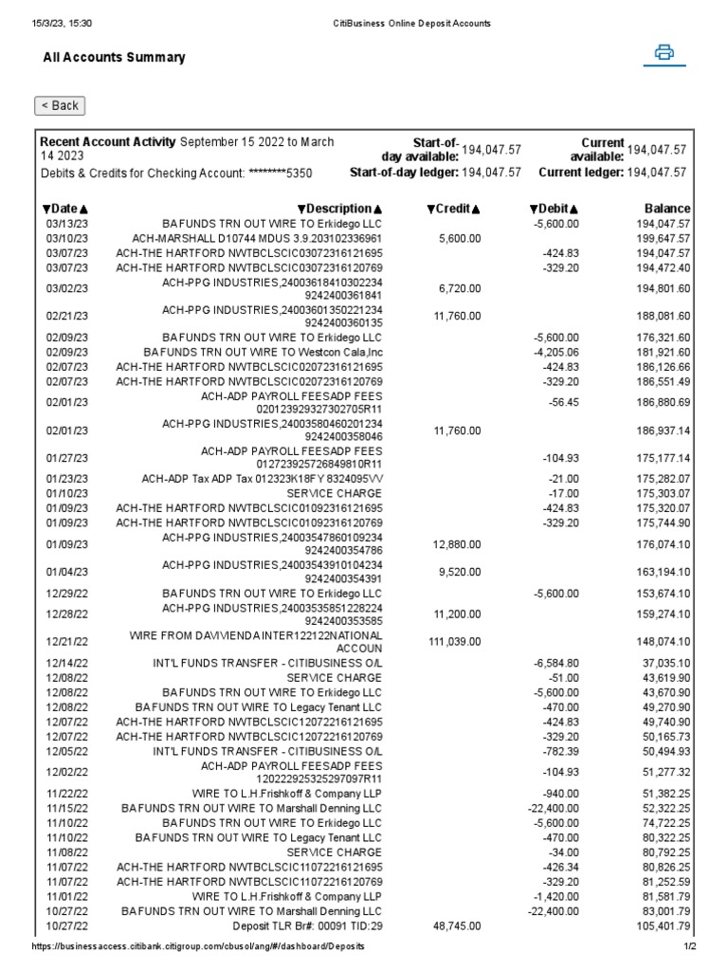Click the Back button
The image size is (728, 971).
click(60, 105)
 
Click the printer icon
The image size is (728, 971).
click(664, 53)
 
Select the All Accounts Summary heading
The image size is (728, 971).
click(114, 58)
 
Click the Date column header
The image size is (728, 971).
click(65, 209)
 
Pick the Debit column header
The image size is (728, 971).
click(555, 209)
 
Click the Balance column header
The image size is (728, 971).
click(667, 209)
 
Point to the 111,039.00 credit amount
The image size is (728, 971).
click(455, 642)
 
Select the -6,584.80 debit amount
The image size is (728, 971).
click(556, 664)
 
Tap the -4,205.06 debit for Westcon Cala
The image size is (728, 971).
click(556, 352)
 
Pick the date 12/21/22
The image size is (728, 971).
click(65, 642)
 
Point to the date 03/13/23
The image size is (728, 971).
click(65, 223)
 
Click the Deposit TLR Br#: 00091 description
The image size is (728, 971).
click(307, 925)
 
